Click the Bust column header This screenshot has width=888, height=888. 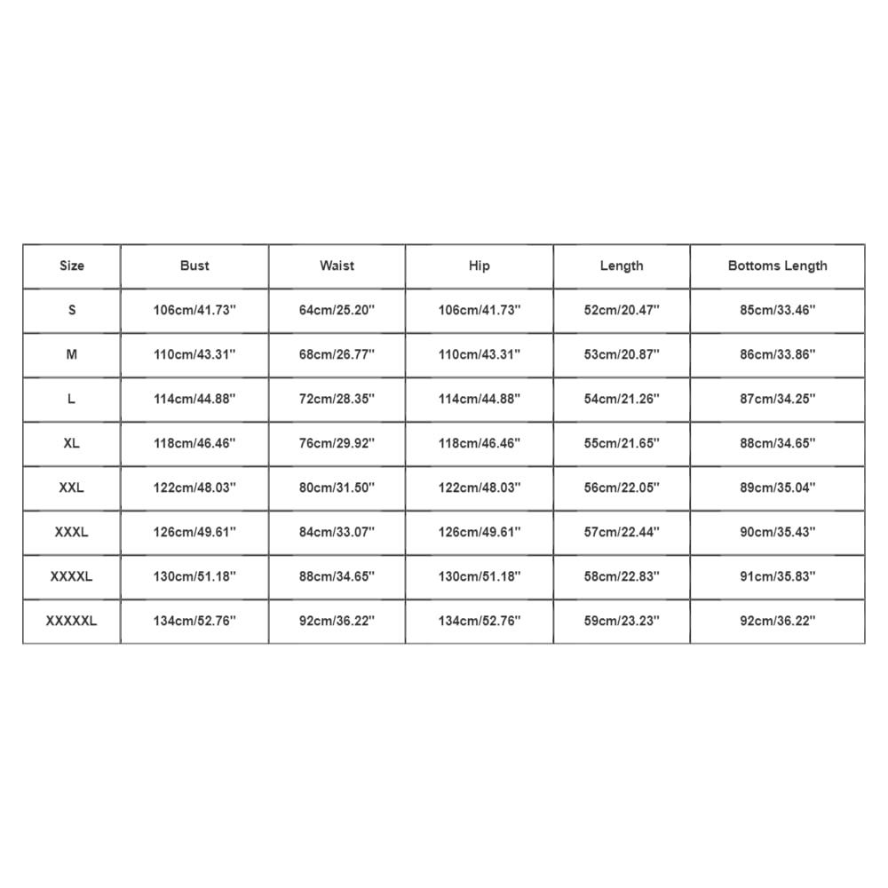pyautogui.click(x=194, y=266)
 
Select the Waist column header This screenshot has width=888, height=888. pyautogui.click(x=337, y=266)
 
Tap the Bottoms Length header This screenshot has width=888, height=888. pyautogui.click(x=777, y=266)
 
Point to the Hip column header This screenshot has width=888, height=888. pyautogui.click(x=480, y=266)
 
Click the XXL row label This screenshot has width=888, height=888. pyautogui.click(x=71, y=488)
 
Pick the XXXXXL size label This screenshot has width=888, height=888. pyautogui.click(x=71, y=621)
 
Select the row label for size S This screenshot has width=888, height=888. pyautogui.click(x=72, y=310)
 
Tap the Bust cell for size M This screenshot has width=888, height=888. pyautogui.click(x=194, y=354)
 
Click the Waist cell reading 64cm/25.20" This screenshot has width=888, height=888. pyautogui.click(x=337, y=310)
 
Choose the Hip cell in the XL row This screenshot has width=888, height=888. pyautogui.click(x=480, y=443)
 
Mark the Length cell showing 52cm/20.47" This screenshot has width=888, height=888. pyautogui.click(x=622, y=310)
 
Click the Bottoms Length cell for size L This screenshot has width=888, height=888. pyautogui.click(x=777, y=399)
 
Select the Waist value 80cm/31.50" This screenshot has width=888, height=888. pyautogui.click(x=337, y=488)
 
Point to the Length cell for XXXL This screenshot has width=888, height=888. pyautogui.click(x=622, y=532)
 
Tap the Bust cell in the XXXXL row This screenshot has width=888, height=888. pyautogui.click(x=194, y=576)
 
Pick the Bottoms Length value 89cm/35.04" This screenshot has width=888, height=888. pyautogui.click(x=777, y=488)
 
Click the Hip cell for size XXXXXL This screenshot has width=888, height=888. pyautogui.click(x=480, y=621)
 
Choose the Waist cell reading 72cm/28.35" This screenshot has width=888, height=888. pyautogui.click(x=337, y=399)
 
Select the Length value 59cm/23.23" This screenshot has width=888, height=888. pyautogui.click(x=622, y=621)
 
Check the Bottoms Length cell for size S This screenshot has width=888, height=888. pyautogui.click(x=777, y=310)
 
